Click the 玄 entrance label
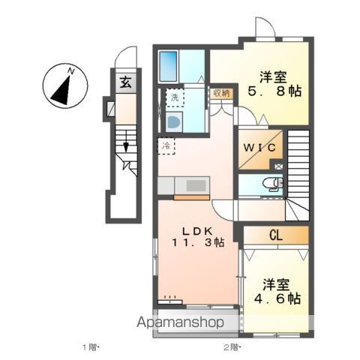click(x=125, y=82)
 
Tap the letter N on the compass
click(x=71, y=72)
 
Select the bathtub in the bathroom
click(x=168, y=67)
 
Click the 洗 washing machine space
click(x=175, y=97)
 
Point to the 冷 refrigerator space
click(x=166, y=145)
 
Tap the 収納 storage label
click(x=221, y=94)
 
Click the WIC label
click(x=259, y=148)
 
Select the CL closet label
click(x=276, y=235)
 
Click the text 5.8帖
click(x=274, y=91)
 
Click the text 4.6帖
click(x=277, y=298)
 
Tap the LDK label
click(x=197, y=231)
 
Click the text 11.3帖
click(x=198, y=242)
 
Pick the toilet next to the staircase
click(x=272, y=184)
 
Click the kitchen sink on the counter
click(x=196, y=186)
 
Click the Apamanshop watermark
click(x=180, y=322)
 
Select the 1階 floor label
click(x=90, y=347)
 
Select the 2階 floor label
click(x=231, y=347)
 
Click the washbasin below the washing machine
click(x=173, y=122)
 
